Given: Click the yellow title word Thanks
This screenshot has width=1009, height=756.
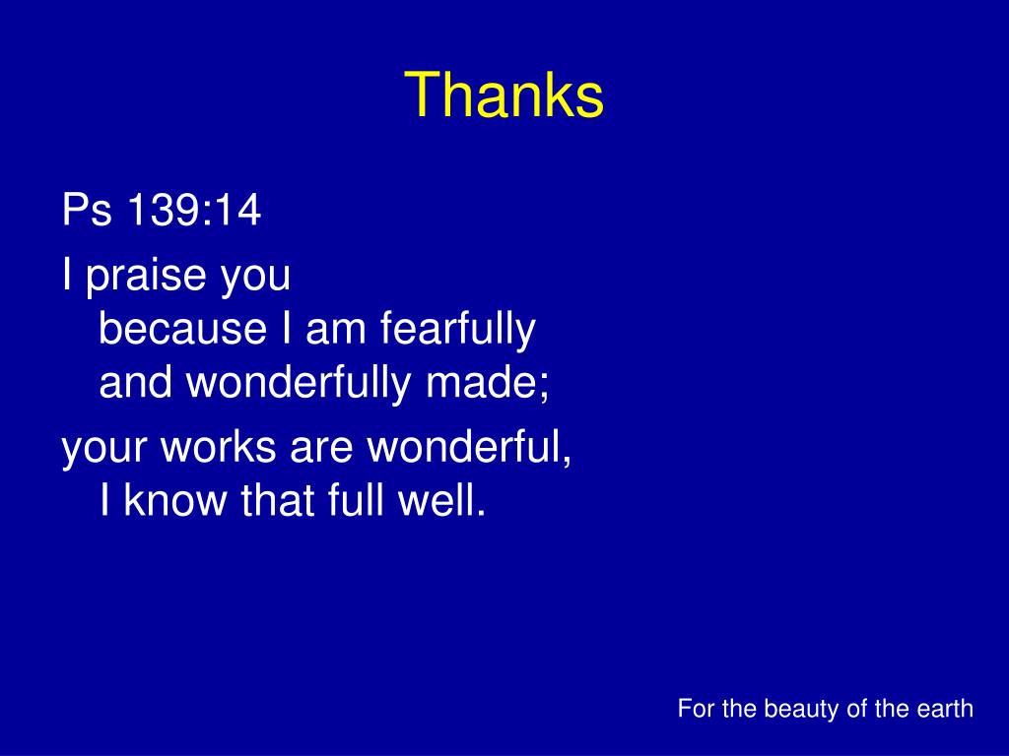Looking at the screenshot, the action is (504, 94).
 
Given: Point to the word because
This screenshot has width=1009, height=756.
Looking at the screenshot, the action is (182, 328).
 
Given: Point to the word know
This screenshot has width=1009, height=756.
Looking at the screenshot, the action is (175, 500).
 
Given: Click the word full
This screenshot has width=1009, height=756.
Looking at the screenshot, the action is (355, 500).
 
